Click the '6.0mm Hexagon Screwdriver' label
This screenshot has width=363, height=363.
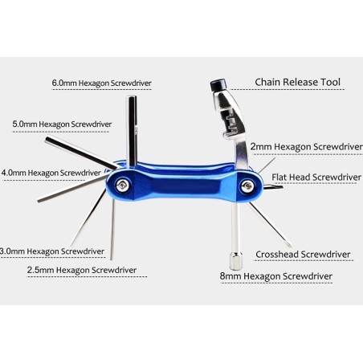click(101, 84)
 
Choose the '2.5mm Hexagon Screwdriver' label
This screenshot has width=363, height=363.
click(80, 270)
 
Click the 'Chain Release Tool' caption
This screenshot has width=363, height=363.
click(297, 82)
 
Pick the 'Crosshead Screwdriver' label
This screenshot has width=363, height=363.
click(303, 255)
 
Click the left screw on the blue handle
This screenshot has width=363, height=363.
click(122, 186)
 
